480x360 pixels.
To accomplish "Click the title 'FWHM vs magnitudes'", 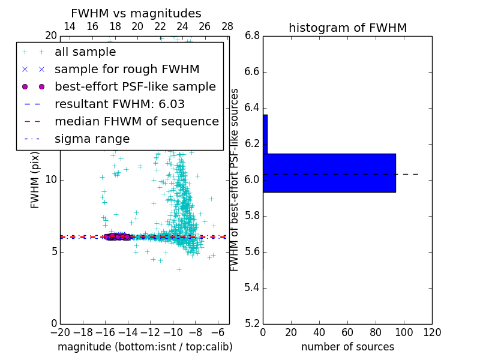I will point(136,14).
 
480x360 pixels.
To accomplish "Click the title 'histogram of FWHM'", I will point(347,28).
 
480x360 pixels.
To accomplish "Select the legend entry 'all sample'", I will point(85,52).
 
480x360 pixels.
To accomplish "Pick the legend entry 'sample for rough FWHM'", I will point(127,70).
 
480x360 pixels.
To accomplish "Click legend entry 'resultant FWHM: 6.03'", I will point(119,104).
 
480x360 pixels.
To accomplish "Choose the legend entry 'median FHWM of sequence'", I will point(136,122).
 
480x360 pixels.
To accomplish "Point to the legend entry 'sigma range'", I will point(92,139).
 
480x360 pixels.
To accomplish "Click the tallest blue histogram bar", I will point(329,173).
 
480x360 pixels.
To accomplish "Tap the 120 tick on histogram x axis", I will point(432,332).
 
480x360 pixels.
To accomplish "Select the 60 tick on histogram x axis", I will point(347,332).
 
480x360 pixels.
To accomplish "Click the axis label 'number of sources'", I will point(347,347).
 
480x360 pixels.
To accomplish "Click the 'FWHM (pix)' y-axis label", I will point(35,179).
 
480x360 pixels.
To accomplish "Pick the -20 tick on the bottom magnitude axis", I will point(60,332).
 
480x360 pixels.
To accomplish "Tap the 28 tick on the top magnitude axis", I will point(227,26).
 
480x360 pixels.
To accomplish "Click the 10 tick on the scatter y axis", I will point(51,180).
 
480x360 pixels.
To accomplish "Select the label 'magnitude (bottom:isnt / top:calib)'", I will point(145,347).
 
